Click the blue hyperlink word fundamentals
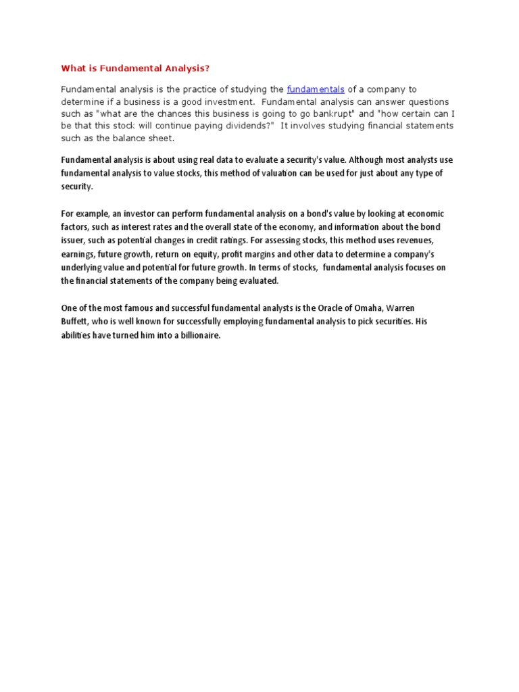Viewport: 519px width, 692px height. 316,89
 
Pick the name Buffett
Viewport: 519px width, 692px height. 75,322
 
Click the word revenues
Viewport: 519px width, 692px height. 422,241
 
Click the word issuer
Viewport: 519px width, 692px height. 72,241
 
